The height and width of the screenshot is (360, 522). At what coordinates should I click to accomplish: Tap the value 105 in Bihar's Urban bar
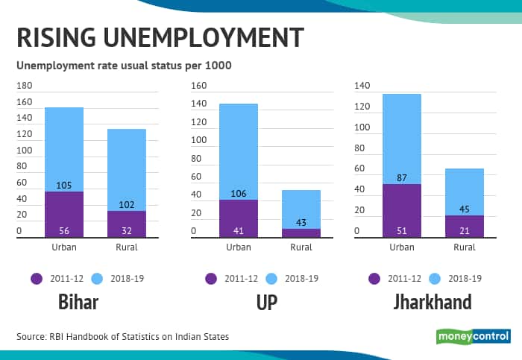coord(64,185)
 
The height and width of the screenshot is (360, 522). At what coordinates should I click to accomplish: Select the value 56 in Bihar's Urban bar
coord(64,230)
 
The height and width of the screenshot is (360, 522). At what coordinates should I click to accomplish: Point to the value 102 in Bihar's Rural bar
coord(127,204)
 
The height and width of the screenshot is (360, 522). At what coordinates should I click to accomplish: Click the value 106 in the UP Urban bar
coord(239,193)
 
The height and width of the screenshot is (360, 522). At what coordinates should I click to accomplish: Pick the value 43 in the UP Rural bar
coord(301,222)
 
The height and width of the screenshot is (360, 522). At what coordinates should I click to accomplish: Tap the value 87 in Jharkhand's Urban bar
coord(402,177)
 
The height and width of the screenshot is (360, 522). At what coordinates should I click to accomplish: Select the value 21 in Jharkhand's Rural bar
coord(465,230)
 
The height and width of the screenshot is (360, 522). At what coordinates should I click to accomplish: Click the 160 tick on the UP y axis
coord(198,86)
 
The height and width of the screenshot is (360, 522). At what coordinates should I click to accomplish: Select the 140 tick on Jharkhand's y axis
coord(362,86)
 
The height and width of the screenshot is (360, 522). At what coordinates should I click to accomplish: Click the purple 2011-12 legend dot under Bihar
coord(37,278)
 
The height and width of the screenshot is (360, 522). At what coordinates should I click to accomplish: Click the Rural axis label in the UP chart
coord(301,247)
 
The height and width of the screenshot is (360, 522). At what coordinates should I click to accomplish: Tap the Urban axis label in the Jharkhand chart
coord(402,247)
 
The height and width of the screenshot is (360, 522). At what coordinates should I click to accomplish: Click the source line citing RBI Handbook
coord(123,337)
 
